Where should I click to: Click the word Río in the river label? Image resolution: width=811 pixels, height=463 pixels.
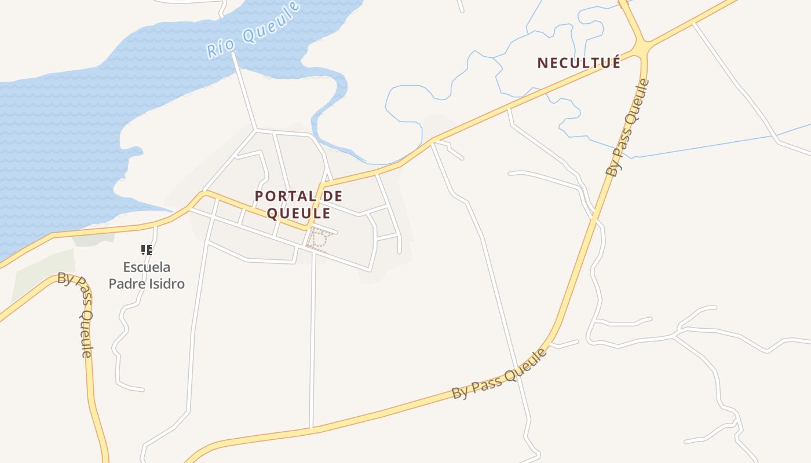pos(220,48)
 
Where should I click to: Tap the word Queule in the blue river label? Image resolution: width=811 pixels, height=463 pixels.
pos(271,23)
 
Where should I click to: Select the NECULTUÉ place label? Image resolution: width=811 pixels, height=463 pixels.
pos(579,63)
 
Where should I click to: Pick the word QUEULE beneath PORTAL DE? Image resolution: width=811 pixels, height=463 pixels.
pos(298,214)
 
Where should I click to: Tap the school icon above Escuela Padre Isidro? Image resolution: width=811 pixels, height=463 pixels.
pos(147,250)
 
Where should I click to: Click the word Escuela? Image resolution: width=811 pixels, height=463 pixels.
pos(147,267)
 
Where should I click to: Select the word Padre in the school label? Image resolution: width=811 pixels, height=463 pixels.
pos(126,284)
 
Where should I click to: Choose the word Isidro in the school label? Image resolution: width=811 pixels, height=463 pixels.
pos(166,284)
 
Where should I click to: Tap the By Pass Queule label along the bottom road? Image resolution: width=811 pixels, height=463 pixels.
pos(499,374)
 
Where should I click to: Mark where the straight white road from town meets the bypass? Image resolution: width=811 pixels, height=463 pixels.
pos(312,429)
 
